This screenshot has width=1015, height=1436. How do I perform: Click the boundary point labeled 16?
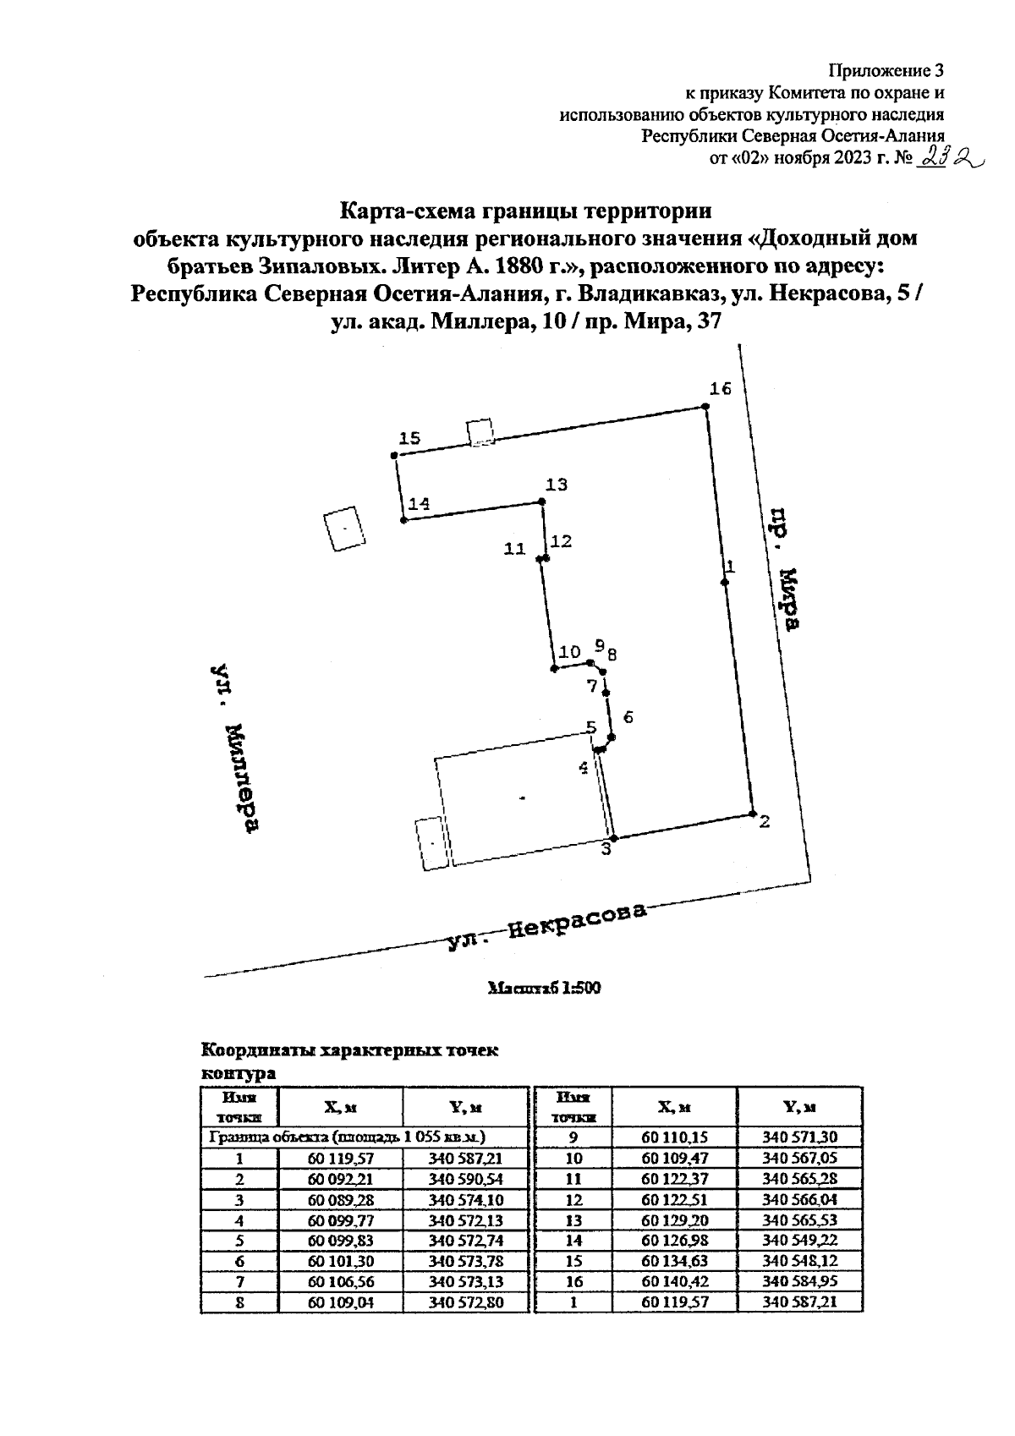[705, 408]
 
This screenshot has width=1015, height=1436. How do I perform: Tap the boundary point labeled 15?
[394, 456]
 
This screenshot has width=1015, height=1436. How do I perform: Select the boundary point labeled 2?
[753, 814]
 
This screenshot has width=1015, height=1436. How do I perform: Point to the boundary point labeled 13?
[543, 502]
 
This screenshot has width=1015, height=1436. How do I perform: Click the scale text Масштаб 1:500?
[545, 987]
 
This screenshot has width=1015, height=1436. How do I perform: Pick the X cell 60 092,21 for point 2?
[340, 1179]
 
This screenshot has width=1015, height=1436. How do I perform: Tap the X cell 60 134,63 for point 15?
[674, 1261]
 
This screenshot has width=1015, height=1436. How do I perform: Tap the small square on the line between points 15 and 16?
[481, 432]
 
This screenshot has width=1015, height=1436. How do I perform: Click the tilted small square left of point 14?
[344, 528]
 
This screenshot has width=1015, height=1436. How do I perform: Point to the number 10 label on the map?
[570, 652]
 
